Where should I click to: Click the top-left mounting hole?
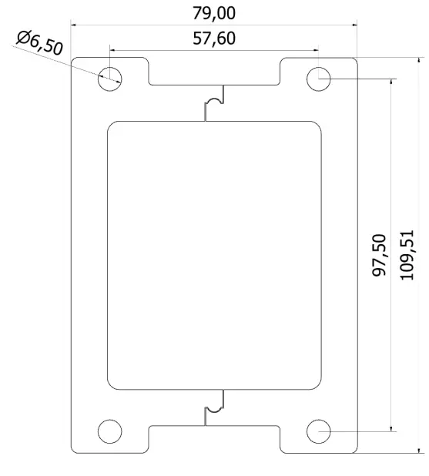[x=109, y=77]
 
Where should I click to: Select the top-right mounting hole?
[x=318, y=78]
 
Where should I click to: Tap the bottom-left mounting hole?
[x=109, y=431]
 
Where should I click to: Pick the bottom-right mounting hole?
[x=318, y=431]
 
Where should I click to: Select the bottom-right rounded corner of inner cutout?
[x=316, y=384]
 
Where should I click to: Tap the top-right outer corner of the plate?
[x=355, y=59]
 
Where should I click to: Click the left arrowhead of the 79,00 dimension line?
[x=74, y=25]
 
